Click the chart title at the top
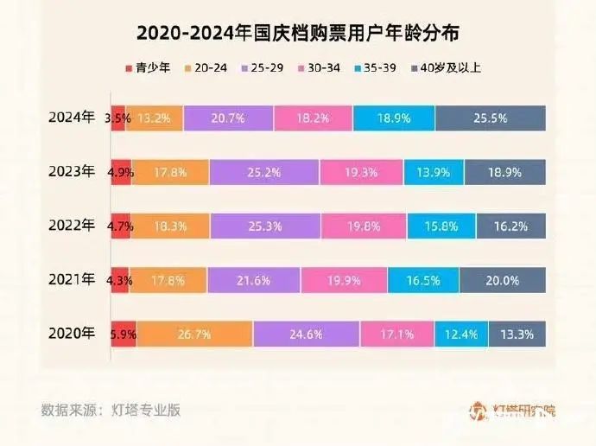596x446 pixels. (298, 34)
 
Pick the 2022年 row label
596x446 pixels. (71, 226)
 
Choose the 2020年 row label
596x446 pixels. (71, 334)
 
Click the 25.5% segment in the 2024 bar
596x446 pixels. (491, 118)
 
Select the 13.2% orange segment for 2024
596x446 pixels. (157, 118)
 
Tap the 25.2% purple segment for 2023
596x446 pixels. (264, 172)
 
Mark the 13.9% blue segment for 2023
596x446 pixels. (434, 172)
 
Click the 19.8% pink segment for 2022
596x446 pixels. (364, 226)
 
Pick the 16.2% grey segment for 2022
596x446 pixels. (510, 226)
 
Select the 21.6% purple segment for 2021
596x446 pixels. (254, 280)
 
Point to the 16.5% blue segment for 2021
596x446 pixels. (423, 280)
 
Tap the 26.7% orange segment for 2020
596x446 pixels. (194, 334)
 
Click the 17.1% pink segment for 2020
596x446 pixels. (397, 334)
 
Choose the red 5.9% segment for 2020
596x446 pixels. (124, 334)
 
